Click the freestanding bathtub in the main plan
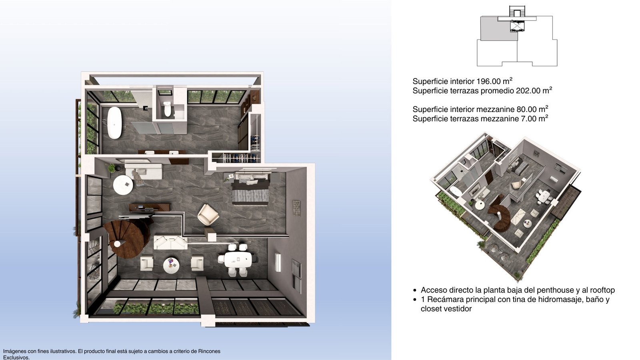coord(114,123)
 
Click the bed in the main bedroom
coord(250,188)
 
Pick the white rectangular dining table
coord(238,260)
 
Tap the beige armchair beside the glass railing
coord(208,215)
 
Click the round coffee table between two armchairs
coord(171,266)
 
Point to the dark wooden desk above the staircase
coord(150,207)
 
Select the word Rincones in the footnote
coord(209,352)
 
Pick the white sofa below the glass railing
coord(170,242)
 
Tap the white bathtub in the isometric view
coord(456,191)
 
